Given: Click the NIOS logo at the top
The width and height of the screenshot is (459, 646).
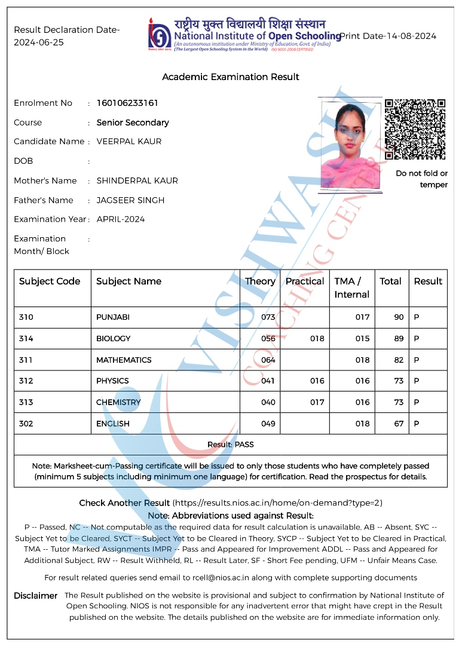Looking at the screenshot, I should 159,34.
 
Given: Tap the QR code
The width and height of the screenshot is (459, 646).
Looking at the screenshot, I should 415,129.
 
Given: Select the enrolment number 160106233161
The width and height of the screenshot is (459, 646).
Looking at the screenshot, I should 127,103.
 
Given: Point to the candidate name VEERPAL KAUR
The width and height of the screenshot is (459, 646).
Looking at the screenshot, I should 129,142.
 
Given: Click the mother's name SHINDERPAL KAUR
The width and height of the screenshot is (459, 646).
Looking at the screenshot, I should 137,180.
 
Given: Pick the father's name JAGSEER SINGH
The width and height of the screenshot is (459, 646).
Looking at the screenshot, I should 130,200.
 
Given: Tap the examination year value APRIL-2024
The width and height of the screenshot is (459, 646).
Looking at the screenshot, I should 121,219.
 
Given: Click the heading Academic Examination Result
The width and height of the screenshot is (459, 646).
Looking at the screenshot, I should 231,77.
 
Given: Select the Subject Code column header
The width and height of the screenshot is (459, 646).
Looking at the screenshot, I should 50,281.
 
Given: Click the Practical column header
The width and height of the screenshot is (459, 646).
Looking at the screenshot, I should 305,281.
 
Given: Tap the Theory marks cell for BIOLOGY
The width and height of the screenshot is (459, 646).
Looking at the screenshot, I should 268,339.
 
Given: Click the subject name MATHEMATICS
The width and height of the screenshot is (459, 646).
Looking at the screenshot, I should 124,360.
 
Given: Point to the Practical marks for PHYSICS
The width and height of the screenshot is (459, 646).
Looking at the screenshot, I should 317,381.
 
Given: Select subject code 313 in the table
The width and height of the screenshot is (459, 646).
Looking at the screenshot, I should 26,402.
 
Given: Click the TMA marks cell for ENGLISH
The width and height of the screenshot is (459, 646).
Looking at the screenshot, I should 363,424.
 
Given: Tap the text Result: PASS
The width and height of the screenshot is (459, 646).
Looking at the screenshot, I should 231,445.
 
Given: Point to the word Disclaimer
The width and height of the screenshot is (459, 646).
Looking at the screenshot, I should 36,596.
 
